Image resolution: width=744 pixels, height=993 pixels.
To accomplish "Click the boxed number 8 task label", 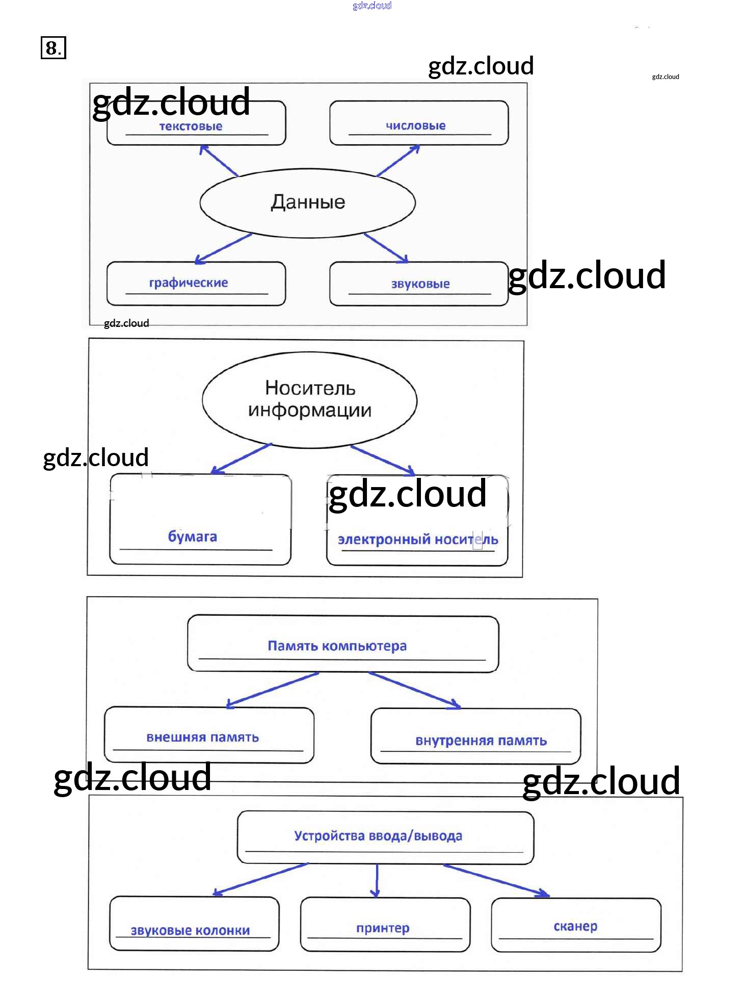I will (x=53, y=48).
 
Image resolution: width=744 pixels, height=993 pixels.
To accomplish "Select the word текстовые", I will (x=191, y=126).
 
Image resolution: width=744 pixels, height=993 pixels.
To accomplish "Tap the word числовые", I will (x=415, y=125).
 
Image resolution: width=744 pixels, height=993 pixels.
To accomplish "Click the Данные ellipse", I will (x=307, y=202).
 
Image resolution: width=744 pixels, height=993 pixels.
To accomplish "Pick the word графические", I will (x=189, y=283).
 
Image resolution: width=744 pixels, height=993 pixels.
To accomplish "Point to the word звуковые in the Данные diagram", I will (x=420, y=284).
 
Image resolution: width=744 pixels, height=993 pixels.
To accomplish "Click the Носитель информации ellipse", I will (x=309, y=399).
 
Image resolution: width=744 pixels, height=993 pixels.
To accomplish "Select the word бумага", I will (x=193, y=537).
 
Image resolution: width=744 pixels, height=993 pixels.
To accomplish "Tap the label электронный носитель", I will (x=418, y=539).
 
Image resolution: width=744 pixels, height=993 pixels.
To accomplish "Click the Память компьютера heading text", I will (x=337, y=646).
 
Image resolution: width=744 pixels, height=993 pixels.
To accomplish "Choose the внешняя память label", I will (x=202, y=737).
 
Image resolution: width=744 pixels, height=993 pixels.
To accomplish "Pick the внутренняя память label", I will (x=481, y=741).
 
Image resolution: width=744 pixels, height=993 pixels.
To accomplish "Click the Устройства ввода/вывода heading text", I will (x=378, y=836).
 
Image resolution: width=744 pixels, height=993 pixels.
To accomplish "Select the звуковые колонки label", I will (x=190, y=930).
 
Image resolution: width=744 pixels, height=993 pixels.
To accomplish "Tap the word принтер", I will (x=383, y=928).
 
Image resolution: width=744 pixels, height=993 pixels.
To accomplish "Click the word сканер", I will (x=575, y=926).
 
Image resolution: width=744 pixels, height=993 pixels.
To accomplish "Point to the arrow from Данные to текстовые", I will (x=219, y=161).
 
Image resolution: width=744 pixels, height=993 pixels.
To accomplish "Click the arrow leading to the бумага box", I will (x=242, y=458).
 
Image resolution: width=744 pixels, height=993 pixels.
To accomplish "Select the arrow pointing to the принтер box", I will (x=376, y=880).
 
